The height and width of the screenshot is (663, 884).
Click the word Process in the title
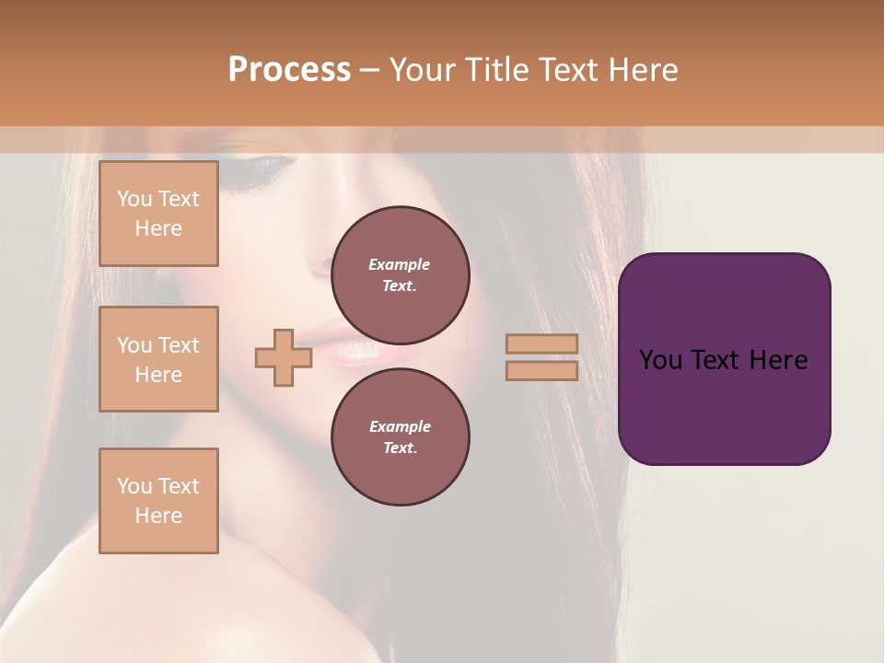[x=289, y=70]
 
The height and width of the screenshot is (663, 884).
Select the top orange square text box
[x=158, y=214]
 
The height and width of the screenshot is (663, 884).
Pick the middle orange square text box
[x=158, y=359]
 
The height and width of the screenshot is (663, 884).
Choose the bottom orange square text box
[x=158, y=501]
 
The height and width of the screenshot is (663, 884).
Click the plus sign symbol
[x=284, y=358]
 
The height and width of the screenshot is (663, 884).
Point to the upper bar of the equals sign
[x=541, y=344]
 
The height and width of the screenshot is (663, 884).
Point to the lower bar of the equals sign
[x=541, y=370]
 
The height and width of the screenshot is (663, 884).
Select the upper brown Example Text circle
[x=401, y=274]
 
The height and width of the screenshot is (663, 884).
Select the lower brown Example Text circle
[x=401, y=436]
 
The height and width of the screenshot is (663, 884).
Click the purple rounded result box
[x=724, y=359]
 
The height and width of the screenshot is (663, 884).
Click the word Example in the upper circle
[x=399, y=264]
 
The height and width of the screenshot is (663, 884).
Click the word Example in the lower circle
[x=400, y=426]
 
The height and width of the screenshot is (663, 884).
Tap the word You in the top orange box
[x=134, y=199]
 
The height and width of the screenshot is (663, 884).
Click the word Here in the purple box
[x=779, y=360]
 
